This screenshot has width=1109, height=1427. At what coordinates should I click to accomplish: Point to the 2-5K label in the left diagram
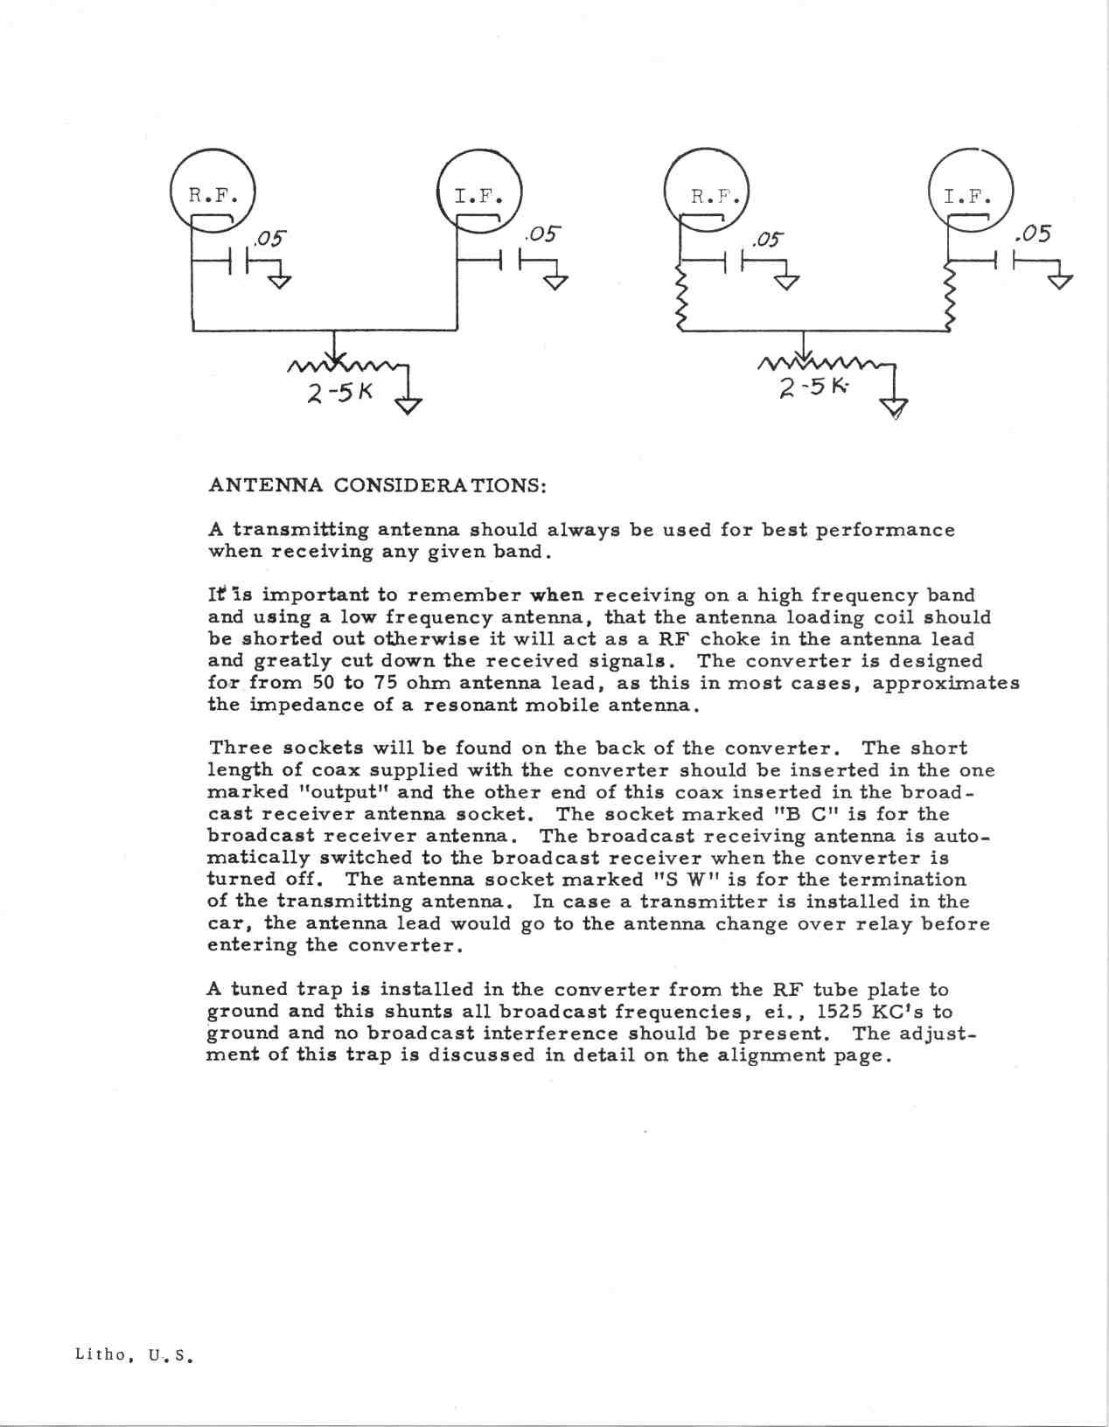tap(339, 393)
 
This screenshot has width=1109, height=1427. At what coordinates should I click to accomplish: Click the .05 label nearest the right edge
tap(1032, 234)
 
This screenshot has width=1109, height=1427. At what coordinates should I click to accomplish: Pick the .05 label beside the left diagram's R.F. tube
tap(269, 239)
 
